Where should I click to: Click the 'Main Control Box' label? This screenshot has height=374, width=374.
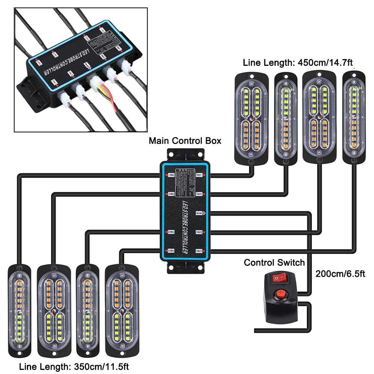[x=185, y=141]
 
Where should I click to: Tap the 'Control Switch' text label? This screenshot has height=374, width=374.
[x=274, y=263]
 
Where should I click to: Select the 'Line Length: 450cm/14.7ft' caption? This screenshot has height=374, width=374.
[x=297, y=62]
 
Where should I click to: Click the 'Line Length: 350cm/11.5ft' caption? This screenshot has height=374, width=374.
[x=69, y=365]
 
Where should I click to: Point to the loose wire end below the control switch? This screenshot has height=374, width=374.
[x=256, y=331]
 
